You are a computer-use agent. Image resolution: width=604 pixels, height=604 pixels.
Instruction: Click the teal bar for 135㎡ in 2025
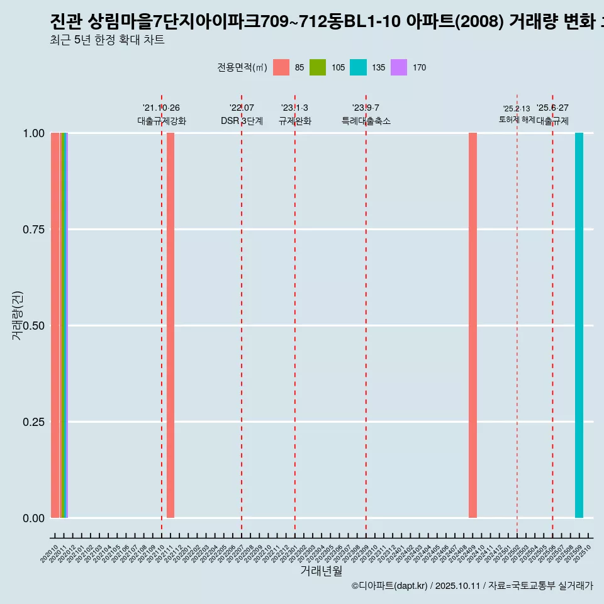(x=579, y=325)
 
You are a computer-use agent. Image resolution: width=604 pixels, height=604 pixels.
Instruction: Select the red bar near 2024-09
(x=473, y=325)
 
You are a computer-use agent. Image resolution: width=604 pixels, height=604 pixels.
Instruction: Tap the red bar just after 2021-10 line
(x=171, y=325)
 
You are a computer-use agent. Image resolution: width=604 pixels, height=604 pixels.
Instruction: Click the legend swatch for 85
(x=281, y=67)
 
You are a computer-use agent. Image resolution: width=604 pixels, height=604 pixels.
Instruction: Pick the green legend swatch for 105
(x=318, y=67)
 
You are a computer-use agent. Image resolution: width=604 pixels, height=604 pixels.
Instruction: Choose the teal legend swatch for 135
(x=358, y=67)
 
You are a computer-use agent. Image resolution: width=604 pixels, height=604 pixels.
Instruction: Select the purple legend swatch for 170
(x=399, y=67)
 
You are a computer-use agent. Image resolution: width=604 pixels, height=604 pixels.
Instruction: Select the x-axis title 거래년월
(x=321, y=571)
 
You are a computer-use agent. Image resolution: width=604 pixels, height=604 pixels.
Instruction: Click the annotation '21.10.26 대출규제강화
(x=162, y=115)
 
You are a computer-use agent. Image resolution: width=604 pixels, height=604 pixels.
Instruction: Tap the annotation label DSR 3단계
(x=242, y=121)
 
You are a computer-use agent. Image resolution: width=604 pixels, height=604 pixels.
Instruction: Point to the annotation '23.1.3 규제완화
(x=294, y=115)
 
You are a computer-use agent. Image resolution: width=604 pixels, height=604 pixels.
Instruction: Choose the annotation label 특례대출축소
(x=366, y=121)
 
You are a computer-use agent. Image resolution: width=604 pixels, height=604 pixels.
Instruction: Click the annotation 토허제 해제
(x=517, y=119)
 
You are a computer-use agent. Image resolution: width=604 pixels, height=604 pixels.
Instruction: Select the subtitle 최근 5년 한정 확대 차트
(x=107, y=40)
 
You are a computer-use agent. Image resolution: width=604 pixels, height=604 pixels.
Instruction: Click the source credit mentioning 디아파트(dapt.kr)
(x=472, y=586)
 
